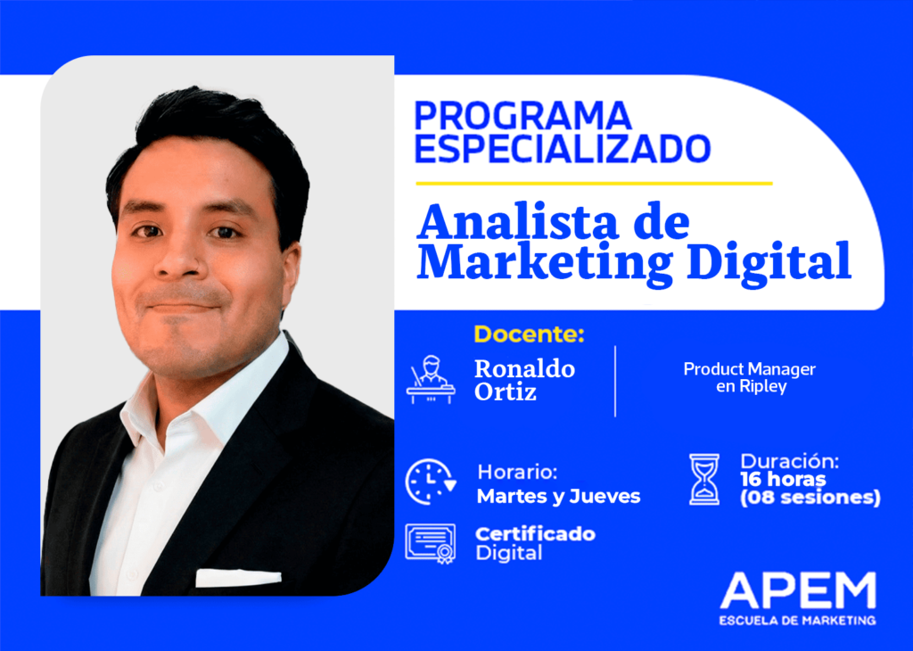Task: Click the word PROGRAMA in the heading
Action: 523,116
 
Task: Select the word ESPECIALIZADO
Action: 563,149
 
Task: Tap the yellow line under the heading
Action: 594,184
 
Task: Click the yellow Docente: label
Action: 529,334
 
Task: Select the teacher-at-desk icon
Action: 431,380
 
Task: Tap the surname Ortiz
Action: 506,391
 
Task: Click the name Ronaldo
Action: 524,368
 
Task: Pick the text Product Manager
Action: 749,369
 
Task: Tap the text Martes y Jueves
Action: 558,497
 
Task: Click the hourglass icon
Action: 704,479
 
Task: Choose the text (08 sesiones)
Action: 810,498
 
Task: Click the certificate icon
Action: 431,542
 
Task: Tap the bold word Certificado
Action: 535,534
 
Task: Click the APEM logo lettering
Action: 798,591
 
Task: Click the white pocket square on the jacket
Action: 238,578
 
